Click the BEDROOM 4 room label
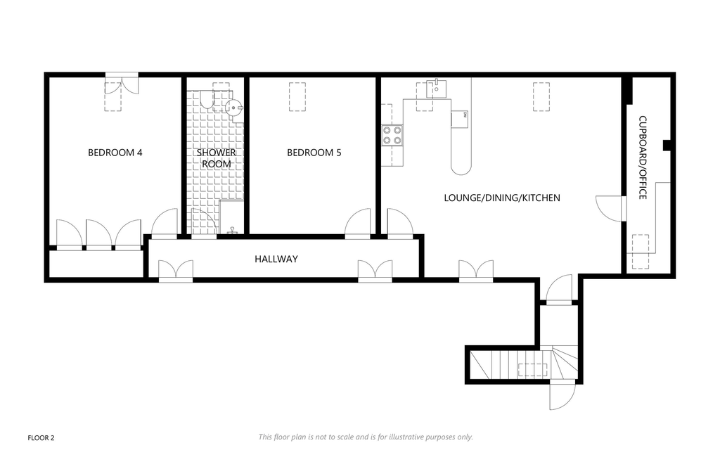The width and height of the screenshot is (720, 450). [115, 153]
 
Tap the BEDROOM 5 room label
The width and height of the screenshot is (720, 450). [314, 153]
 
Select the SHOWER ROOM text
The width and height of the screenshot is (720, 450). [217, 158]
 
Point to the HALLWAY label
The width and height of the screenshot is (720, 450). [276, 259]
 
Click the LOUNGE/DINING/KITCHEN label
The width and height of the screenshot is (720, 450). [502, 198]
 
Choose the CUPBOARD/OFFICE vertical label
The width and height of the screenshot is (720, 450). [643, 157]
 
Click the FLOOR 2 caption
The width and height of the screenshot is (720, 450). [41, 438]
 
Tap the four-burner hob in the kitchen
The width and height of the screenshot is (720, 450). [392, 136]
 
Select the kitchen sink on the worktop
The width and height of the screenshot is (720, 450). [435, 88]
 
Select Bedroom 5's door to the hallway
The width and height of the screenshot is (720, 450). [358, 224]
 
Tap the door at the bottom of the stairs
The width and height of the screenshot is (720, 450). [562, 395]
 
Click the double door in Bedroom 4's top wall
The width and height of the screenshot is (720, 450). [122, 84]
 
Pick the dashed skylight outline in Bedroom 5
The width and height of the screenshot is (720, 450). [297, 96]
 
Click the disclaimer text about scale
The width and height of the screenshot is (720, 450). [366, 437]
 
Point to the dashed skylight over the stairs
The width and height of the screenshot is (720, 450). [533, 370]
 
